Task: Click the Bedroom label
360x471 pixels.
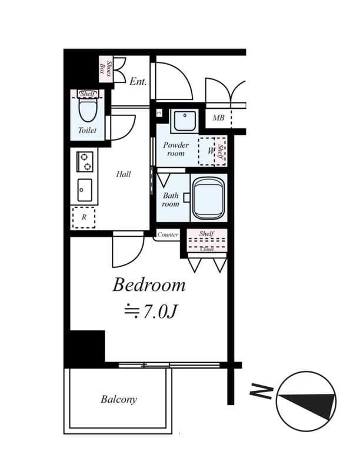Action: click(149, 286)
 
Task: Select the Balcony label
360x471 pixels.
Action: click(118, 399)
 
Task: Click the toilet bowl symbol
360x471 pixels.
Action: click(87, 110)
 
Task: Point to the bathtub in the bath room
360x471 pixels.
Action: click(209, 198)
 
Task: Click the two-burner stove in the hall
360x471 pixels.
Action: click(85, 161)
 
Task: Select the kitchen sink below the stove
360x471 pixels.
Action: click(85, 190)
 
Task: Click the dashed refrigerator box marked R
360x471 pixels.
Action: click(84, 217)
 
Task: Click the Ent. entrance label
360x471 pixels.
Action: click(138, 82)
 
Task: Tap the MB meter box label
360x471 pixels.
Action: click(218, 118)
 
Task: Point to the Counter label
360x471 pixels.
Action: click(168, 235)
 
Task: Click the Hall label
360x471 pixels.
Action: click(124, 174)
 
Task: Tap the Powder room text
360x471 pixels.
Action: click(176, 149)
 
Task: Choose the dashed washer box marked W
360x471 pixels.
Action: click(208, 151)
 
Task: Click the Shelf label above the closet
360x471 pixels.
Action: click(206, 234)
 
